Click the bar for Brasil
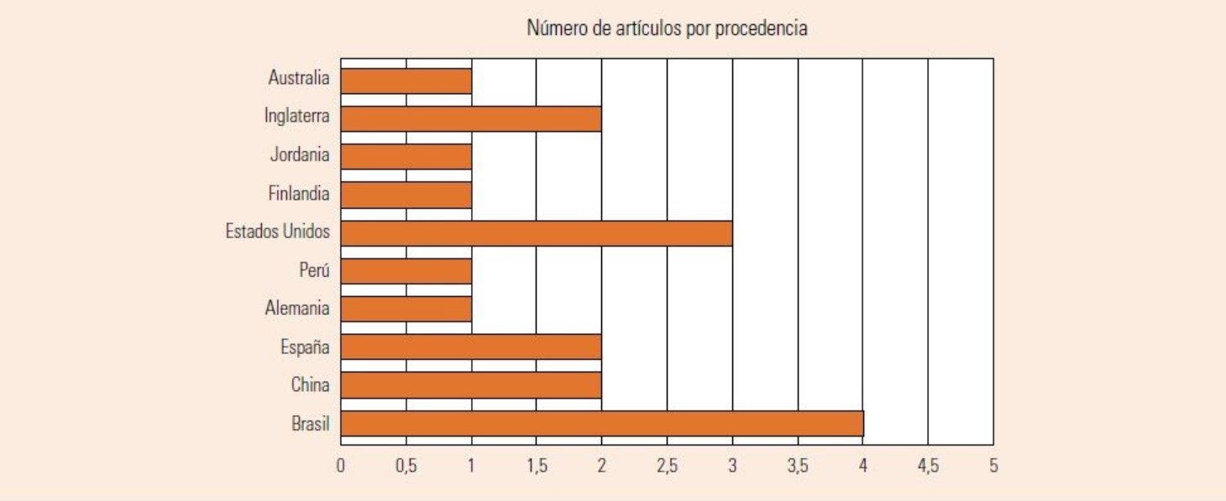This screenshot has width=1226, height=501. point(602,424)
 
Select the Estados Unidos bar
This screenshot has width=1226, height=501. point(537,233)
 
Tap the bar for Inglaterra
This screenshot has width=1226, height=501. point(471,119)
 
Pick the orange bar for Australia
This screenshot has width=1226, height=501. point(406,81)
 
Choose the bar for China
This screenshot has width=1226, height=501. point(471,385)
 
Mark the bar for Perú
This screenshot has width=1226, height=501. point(406,271)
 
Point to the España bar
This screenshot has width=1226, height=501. point(471,347)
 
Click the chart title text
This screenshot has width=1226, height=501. point(667,29)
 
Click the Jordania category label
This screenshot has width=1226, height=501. point(300,155)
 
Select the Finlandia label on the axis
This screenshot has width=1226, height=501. point(298,194)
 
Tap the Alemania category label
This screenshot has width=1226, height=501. point(297,309)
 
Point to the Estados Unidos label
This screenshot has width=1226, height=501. point(278,232)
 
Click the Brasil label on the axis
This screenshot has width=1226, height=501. point(310,425)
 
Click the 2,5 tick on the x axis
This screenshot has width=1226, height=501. point(667,465)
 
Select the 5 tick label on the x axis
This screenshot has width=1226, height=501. point(993,465)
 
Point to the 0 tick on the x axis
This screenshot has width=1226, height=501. point(341,465)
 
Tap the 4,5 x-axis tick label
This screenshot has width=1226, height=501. point(928,465)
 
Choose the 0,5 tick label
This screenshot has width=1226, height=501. point(406,465)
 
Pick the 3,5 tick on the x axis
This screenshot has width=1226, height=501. point(798,465)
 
